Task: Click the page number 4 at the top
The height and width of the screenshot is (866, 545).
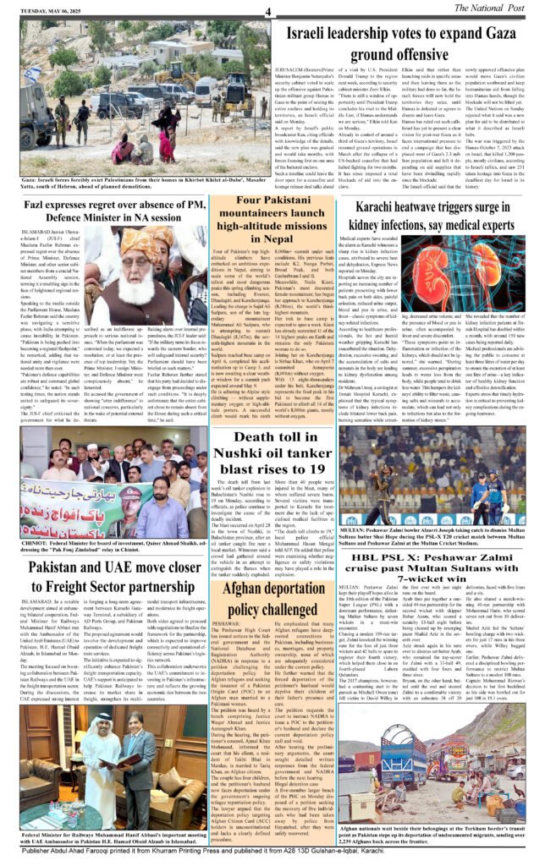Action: point(267,11)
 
